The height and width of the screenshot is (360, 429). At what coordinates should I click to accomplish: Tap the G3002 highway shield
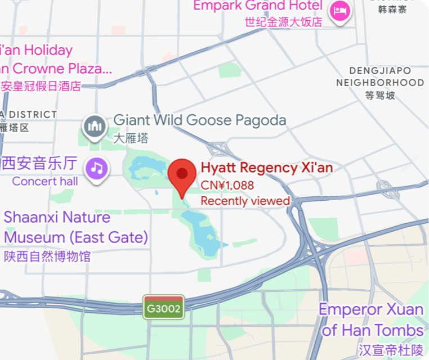164,308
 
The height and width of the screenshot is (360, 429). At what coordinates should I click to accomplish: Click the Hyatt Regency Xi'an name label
267,168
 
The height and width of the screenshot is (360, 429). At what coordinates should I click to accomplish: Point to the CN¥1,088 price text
227,185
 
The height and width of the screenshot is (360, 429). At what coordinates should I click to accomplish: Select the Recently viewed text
245,201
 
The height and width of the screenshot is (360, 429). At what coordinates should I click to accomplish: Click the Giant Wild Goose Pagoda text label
200,120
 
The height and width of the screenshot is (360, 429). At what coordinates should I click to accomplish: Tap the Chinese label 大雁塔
131,138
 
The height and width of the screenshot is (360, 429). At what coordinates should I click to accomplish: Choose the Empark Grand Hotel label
258,6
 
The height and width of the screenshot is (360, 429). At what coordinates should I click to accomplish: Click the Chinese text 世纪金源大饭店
283,22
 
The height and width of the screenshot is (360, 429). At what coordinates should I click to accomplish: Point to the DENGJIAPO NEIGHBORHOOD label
380,76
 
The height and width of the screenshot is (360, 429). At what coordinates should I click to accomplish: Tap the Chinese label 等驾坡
380,95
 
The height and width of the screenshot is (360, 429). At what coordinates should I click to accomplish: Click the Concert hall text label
45,181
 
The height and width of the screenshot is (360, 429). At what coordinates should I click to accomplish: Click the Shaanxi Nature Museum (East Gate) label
75,227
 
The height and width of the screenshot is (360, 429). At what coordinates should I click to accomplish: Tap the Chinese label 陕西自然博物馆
47,256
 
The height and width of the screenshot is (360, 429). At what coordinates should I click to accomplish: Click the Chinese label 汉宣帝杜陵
391,350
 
